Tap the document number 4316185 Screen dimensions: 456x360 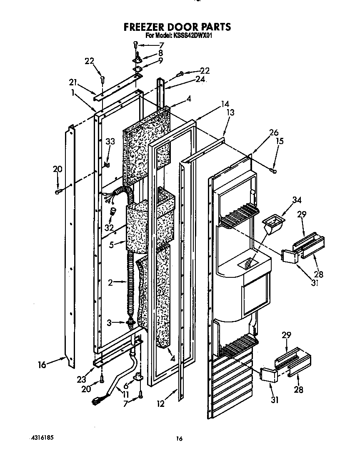click(x=42, y=438)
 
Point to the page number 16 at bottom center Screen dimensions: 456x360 click(x=180, y=438)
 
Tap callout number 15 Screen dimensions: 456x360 click(x=279, y=141)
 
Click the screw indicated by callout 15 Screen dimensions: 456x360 click(x=273, y=169)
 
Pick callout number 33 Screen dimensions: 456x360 click(x=110, y=142)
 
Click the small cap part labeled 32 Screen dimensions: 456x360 click(x=112, y=213)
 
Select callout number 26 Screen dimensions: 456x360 click(x=273, y=133)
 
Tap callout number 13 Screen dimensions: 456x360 click(x=230, y=112)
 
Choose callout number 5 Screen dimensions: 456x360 click(x=111, y=245)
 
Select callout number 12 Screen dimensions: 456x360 click(x=161, y=404)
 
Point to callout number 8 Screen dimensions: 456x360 click(x=160, y=52)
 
